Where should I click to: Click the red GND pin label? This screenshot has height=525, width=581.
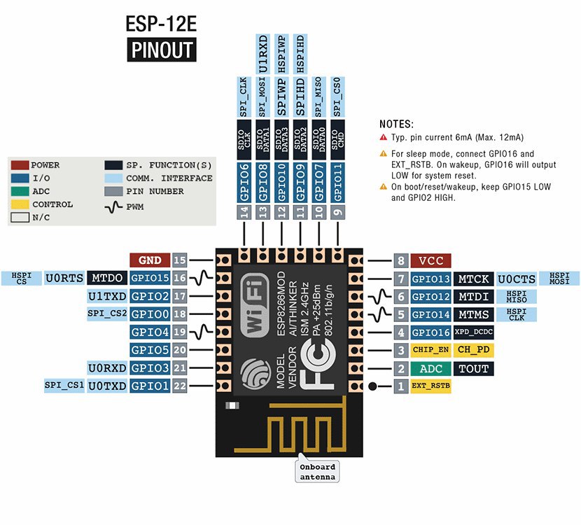pyautogui.click(x=150, y=260)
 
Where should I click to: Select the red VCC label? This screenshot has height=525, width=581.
pyautogui.click(x=430, y=260)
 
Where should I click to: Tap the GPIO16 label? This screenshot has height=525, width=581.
pyautogui.click(x=430, y=332)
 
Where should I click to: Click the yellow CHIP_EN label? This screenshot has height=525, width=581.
pyautogui.click(x=430, y=350)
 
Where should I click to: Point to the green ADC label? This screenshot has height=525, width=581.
pyautogui.click(x=430, y=368)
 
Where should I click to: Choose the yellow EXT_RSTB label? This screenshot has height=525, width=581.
pyautogui.click(x=430, y=386)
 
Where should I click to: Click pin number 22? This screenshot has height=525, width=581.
pyautogui.click(x=180, y=386)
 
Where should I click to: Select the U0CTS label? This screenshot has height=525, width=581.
pyautogui.click(x=517, y=279)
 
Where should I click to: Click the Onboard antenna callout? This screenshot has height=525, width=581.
pyautogui.click(x=317, y=472)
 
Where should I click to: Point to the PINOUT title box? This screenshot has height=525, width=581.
pyautogui.click(x=161, y=51)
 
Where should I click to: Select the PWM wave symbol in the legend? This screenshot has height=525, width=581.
pyautogui.click(x=114, y=205)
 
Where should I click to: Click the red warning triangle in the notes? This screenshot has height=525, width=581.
pyautogui.click(x=384, y=138)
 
